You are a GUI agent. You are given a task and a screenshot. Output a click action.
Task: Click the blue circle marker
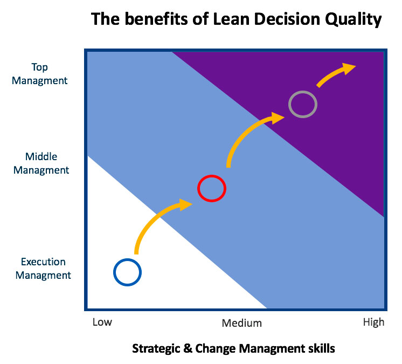tap(114, 272)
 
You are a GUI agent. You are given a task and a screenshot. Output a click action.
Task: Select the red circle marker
tap(198, 189)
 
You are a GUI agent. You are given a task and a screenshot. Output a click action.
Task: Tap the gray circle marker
tap(289, 105)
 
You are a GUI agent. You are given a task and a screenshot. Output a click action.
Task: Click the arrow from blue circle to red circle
tap(151, 217)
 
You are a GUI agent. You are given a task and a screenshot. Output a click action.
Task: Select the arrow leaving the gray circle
tap(333, 73)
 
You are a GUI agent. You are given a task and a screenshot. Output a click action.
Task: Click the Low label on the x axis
tap(102, 322)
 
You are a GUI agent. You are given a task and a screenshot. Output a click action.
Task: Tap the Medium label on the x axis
tap(242, 323)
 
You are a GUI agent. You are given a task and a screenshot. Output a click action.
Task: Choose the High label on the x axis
tap(373, 322)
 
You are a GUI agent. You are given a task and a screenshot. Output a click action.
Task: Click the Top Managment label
tap(40, 74)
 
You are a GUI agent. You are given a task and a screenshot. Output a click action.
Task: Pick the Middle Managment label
tap(41, 163)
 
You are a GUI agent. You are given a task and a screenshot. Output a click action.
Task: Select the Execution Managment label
tap(43, 269)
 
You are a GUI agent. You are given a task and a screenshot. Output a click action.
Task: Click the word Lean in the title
tap(231, 19)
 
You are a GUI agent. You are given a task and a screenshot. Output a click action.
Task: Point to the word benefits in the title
tap(156, 19)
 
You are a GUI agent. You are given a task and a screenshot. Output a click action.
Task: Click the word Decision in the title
tap(287, 19)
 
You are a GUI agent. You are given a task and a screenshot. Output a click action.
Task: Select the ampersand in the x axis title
tap(188, 348)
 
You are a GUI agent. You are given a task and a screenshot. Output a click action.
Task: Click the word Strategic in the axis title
tap(156, 349)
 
